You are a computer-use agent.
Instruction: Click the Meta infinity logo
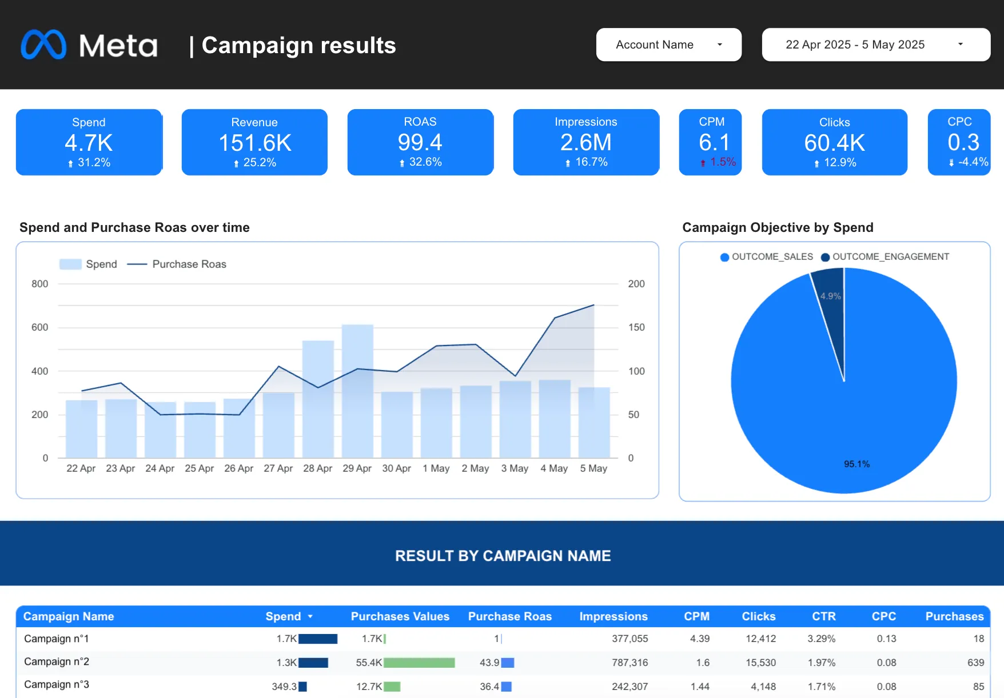(x=43, y=45)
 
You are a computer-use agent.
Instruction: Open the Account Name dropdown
(x=668, y=45)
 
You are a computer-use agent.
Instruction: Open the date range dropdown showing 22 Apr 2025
(x=875, y=45)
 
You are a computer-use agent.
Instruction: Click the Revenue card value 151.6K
(x=255, y=143)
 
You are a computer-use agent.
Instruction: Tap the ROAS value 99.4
(x=420, y=142)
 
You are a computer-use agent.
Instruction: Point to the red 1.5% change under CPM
(x=722, y=162)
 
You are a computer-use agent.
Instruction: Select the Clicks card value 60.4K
(x=834, y=143)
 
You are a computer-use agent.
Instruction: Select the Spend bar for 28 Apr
(x=318, y=400)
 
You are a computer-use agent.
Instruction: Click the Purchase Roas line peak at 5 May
(x=594, y=305)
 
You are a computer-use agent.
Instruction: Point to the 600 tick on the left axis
(x=40, y=327)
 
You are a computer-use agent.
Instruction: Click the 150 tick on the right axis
(x=636, y=327)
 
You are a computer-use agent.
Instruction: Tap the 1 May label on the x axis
(x=436, y=468)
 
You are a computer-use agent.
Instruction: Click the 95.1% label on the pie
(x=856, y=464)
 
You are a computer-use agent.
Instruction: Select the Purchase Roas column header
(x=509, y=616)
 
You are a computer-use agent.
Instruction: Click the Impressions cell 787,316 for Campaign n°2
(x=630, y=663)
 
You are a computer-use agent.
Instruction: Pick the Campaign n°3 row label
(x=57, y=684)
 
